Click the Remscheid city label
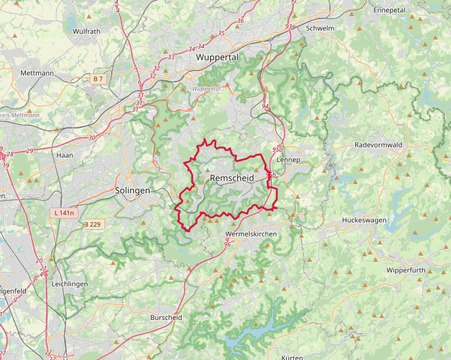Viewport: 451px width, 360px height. tap(232, 178)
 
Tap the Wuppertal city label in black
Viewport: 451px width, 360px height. tap(217, 57)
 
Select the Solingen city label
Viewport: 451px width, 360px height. tap(132, 191)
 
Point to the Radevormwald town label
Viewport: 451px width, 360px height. tap(379, 144)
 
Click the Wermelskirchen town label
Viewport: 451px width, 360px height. tap(251, 235)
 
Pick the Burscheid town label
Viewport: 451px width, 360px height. tap(166, 317)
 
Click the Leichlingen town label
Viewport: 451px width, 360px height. tap(70, 284)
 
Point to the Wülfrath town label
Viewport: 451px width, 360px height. tap(87, 30)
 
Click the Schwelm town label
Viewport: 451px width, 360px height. tap(320, 28)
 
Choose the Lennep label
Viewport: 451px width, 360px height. tap(288, 159)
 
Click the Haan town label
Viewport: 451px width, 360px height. tap(65, 155)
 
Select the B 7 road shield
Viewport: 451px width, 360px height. tap(98, 79)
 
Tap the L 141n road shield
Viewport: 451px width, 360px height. tap(64, 213)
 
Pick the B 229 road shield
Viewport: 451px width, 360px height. tap(93, 224)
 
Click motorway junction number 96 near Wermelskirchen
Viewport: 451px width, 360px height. tap(227, 245)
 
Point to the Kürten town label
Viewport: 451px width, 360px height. tap(292, 358)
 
